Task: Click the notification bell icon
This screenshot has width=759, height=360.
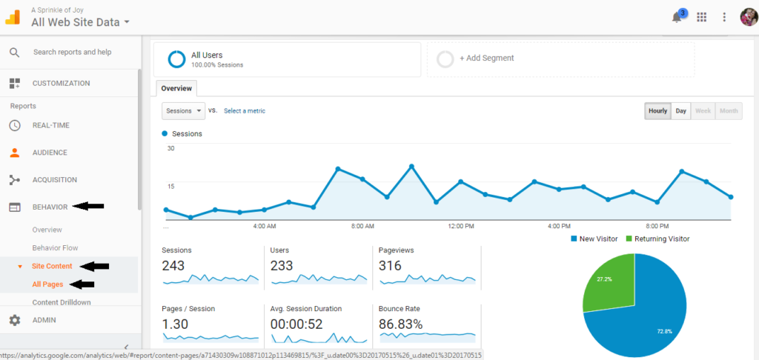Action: pos(677,17)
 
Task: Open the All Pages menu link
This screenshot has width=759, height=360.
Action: pos(47,284)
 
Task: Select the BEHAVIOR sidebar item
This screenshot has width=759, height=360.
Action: pos(50,207)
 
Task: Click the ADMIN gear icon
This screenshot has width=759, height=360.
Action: pos(15,320)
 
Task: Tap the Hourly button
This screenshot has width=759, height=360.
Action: pos(657,111)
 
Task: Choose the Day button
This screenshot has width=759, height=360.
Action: pos(680,111)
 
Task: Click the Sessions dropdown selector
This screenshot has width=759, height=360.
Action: pos(183,111)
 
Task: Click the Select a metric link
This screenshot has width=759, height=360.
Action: pos(245,111)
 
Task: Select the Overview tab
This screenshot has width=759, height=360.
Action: pos(176,88)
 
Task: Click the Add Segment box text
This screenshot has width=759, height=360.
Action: pos(486,58)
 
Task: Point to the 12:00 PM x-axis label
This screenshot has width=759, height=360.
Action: pos(460,225)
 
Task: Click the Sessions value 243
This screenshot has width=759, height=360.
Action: pos(173,265)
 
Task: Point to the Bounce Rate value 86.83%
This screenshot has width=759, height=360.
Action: pos(400,324)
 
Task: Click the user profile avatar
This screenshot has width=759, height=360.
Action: pos(748,17)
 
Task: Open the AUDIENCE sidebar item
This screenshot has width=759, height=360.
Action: pos(50,153)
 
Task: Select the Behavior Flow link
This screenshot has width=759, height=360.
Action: pos(55,247)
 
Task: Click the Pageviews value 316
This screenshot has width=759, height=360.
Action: pos(390,265)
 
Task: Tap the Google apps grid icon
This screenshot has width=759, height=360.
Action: pos(702,17)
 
